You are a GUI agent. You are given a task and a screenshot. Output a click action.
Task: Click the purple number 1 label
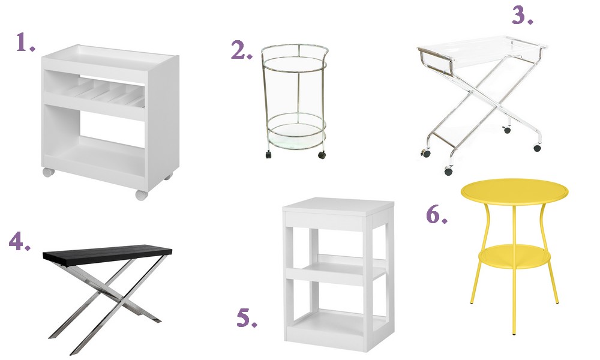click(x=25, y=43)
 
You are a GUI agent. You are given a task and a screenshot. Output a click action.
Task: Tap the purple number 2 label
click(x=241, y=50)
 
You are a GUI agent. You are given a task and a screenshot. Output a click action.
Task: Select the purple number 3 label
click(x=523, y=16)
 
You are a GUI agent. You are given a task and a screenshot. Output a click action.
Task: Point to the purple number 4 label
click(x=19, y=241)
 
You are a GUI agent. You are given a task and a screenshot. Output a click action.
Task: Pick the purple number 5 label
click(x=247, y=318)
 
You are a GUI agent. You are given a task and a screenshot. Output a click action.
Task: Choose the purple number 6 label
click(x=437, y=215)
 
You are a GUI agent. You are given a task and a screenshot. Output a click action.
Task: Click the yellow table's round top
click(x=514, y=190)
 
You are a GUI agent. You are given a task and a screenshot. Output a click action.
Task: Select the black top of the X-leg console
click(x=107, y=252)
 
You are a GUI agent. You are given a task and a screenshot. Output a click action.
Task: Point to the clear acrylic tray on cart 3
click(x=483, y=50)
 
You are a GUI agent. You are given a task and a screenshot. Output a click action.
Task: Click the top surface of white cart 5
click(x=338, y=206)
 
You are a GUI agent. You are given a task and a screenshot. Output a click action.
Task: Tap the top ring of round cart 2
click(x=294, y=51)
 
